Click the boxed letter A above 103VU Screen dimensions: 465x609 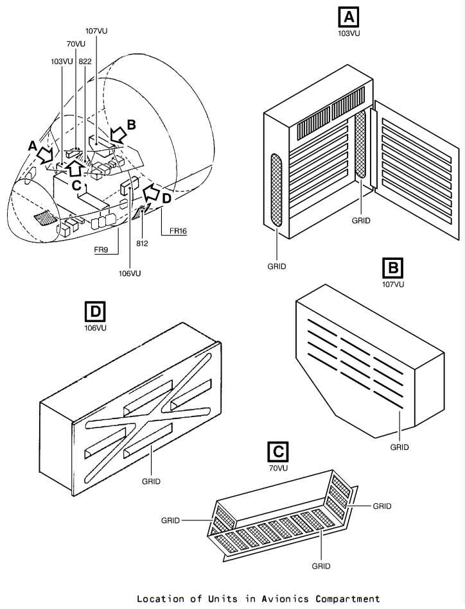point(349,17)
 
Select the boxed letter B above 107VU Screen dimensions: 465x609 point(393,268)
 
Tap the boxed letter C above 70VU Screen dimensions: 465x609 point(278,452)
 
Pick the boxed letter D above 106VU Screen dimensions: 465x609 point(95,311)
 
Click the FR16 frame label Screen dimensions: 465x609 point(178,231)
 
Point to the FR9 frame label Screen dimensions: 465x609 point(101,250)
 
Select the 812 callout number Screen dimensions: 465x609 point(143,243)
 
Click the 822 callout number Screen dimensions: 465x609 point(85,62)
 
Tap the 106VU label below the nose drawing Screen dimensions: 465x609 point(130,273)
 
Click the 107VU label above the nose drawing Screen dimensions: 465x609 point(96,31)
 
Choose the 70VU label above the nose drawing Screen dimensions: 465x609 point(76,44)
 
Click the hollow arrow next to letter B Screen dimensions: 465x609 point(118,135)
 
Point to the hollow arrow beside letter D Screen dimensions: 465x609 point(151,193)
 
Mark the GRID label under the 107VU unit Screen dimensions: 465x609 point(399,447)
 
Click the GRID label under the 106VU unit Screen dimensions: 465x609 point(151,481)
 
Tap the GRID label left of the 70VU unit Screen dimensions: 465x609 point(171,520)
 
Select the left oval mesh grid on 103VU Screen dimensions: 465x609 point(276,190)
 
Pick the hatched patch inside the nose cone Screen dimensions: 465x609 point(46,218)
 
